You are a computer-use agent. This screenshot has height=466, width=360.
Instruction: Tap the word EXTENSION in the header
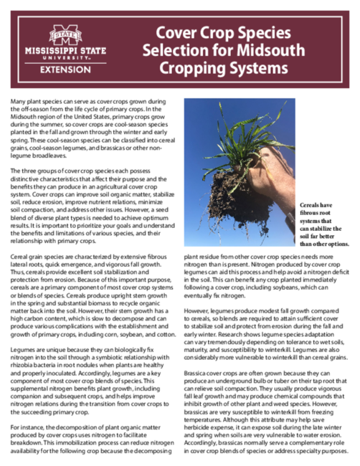[x=65, y=69]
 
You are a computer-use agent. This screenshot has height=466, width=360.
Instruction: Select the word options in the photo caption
[x=335, y=244]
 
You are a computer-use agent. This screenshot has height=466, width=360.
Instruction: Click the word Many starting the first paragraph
[x=19, y=105]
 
